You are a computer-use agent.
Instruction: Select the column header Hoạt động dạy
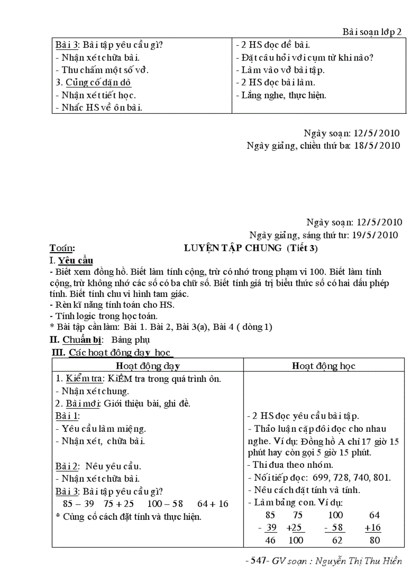[147, 365]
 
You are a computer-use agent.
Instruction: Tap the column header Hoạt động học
[323, 365]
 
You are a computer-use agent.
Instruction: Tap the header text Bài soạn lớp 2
[372, 32]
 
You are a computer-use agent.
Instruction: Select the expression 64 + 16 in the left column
[212, 503]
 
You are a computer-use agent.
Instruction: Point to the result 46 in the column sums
[270, 540]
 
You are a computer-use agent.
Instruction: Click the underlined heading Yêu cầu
[76, 260]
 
